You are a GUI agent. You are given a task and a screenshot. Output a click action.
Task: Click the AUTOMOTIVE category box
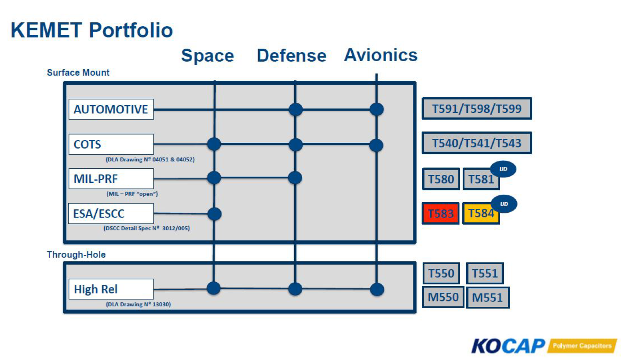pyautogui.click(x=111, y=109)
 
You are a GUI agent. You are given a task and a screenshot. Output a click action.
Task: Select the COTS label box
pyautogui.click(x=111, y=144)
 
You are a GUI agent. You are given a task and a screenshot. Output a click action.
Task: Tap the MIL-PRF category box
pyautogui.click(x=111, y=178)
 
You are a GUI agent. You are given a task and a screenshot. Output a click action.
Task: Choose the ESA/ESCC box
pyautogui.click(x=111, y=214)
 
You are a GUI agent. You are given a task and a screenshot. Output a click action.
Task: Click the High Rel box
pyautogui.click(x=111, y=289)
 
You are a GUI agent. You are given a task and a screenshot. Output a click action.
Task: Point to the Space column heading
pyautogui.click(x=208, y=55)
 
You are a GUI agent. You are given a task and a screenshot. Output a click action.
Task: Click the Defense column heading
pyautogui.click(x=292, y=55)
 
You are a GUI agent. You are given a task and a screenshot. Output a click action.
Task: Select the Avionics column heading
pyautogui.click(x=381, y=55)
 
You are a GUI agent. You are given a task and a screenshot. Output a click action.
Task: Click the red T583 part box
pyautogui.click(x=441, y=214)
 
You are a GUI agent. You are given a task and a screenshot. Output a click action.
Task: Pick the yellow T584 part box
pyautogui.click(x=481, y=214)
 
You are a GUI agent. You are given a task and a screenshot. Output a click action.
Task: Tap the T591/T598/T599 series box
pyautogui.click(x=477, y=109)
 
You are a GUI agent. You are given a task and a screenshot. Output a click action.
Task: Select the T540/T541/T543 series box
pyautogui.click(x=477, y=143)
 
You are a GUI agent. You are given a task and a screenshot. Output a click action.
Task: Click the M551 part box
pyautogui.click(x=488, y=298)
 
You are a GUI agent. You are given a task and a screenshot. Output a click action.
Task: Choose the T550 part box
pyautogui.click(x=441, y=273)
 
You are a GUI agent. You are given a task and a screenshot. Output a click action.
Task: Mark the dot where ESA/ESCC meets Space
pyautogui.click(x=215, y=214)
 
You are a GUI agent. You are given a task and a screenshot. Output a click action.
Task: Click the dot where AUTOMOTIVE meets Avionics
pyautogui.click(x=376, y=109)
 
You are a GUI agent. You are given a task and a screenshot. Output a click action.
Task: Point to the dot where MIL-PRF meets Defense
pyautogui.click(x=295, y=178)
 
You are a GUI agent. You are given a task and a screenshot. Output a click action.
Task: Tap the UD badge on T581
pyautogui.click(x=503, y=169)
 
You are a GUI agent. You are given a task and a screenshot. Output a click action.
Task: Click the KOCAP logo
pyautogui.click(x=544, y=345)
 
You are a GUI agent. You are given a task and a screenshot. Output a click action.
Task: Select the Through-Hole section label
pyautogui.click(x=76, y=255)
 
